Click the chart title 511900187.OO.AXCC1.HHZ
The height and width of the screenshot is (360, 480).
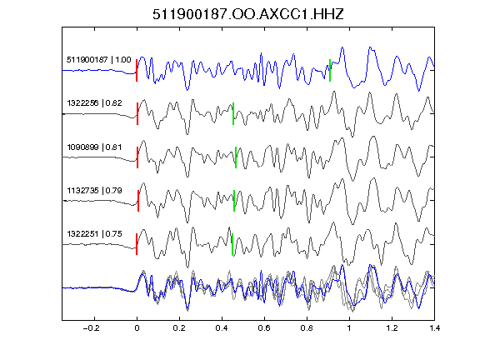point(248,14)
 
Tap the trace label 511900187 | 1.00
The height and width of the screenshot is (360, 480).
point(99,59)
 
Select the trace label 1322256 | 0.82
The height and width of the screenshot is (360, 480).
point(95,102)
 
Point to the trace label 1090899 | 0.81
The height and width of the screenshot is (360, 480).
point(95,147)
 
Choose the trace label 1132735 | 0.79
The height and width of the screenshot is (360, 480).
point(95,191)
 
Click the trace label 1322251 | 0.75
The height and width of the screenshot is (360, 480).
point(95,234)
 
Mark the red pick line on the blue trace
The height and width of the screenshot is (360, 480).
point(137,70)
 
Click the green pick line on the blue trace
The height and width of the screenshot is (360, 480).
point(330,70)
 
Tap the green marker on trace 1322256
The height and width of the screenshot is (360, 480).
point(233,113)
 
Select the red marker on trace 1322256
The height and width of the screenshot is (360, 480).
point(137,113)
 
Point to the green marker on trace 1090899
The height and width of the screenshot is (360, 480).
point(236,157)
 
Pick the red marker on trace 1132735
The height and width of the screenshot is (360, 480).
point(138,201)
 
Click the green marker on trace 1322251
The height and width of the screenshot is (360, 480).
point(232,244)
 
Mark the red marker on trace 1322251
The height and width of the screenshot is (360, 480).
point(137,244)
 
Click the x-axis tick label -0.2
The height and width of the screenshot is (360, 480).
point(92,328)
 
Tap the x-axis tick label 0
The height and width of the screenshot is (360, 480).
point(137,328)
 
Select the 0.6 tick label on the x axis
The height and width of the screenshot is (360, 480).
point(264,328)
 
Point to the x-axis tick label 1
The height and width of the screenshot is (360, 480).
point(349,328)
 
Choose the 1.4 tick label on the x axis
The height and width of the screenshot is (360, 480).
point(434,328)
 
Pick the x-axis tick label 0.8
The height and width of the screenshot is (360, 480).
point(307,328)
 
